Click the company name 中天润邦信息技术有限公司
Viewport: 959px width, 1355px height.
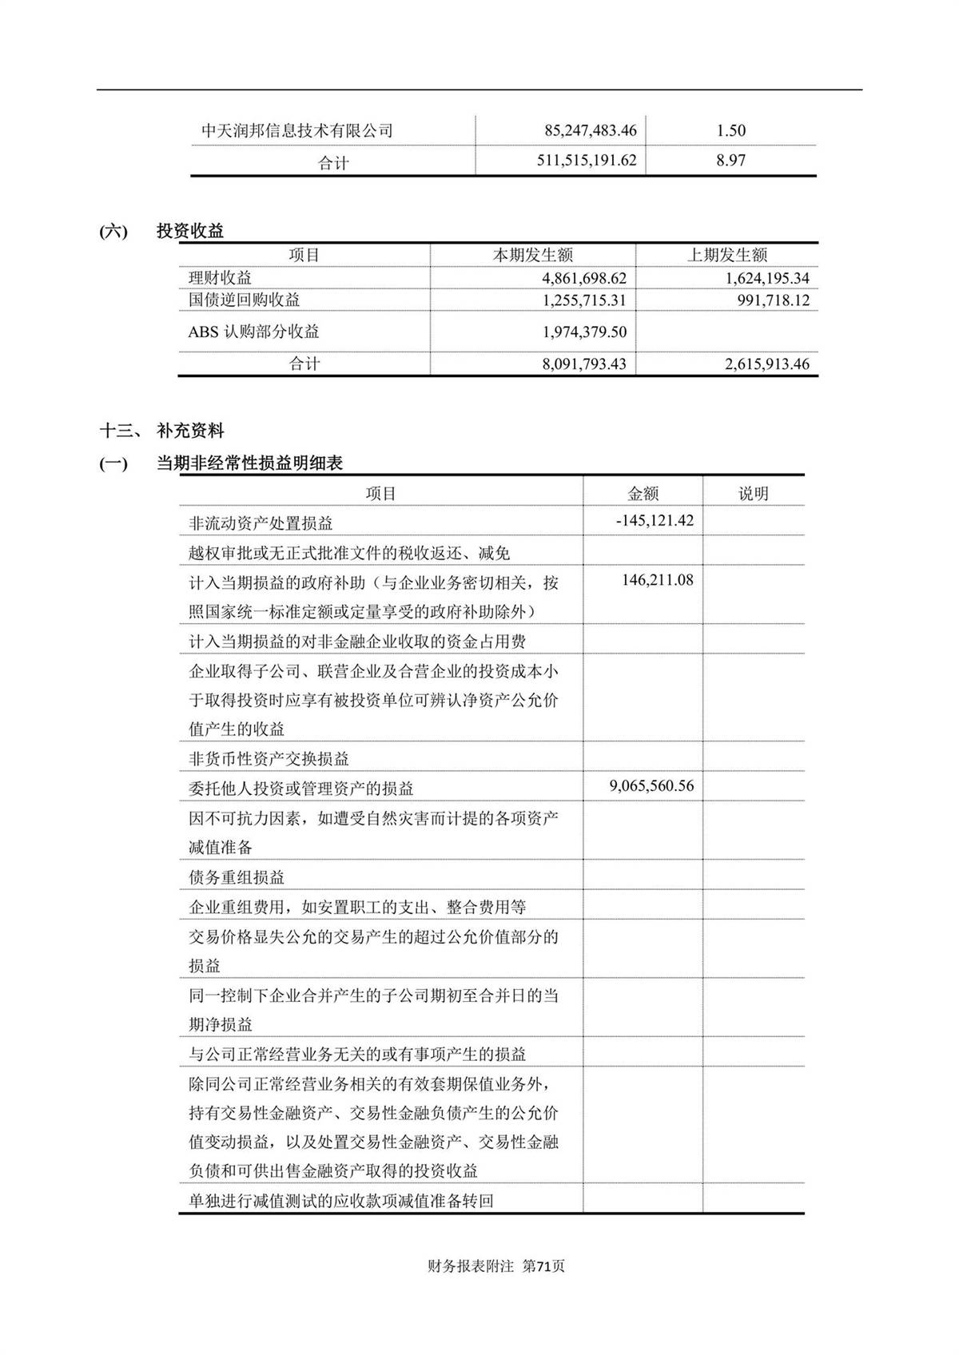pos(297,131)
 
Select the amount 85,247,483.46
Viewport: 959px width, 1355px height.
pos(590,130)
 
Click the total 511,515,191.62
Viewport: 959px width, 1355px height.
pos(587,161)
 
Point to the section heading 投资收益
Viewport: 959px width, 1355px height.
pos(190,232)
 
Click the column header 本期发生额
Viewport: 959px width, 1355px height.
pos(532,256)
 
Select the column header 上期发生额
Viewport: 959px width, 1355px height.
pos(727,256)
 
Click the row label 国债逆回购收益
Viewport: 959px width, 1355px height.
pos(245,300)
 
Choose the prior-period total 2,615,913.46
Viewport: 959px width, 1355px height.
pos(766,364)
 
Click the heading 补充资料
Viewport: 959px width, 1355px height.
pos(190,431)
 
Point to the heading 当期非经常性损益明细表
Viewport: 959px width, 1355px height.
pos(249,463)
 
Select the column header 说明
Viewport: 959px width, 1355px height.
pos(753,494)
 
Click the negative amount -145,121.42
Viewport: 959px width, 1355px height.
pos(655,521)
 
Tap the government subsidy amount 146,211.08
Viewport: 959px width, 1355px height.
pos(657,581)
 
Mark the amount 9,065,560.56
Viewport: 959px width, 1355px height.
pos(651,786)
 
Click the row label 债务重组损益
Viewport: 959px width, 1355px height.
pos(237,877)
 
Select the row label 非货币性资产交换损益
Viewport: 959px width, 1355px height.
pos(269,759)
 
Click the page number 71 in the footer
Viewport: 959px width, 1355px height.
pos(544,1266)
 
